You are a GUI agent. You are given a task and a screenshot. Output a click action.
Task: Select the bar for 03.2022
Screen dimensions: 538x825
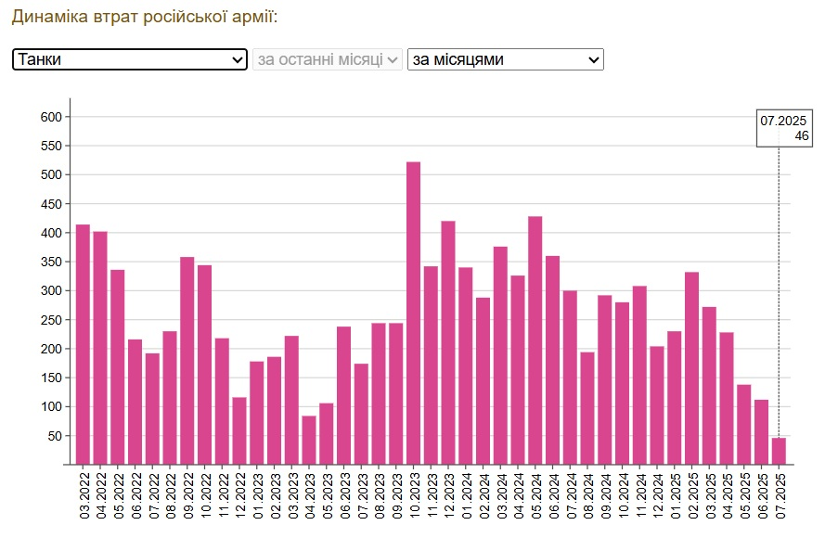(x=83, y=344)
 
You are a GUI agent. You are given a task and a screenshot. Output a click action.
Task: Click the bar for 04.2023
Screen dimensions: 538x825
(x=309, y=440)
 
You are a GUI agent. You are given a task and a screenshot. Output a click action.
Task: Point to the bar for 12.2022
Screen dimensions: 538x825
(x=239, y=430)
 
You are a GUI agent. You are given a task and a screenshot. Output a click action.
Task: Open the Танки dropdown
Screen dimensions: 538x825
(x=130, y=59)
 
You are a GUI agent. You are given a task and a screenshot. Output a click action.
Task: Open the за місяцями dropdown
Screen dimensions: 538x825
(x=506, y=59)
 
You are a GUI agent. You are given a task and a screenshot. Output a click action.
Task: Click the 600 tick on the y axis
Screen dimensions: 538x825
(x=50, y=117)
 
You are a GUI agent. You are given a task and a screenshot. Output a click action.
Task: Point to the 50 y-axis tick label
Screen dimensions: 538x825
(x=54, y=436)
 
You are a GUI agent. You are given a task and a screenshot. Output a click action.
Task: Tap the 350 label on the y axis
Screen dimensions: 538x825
(x=50, y=262)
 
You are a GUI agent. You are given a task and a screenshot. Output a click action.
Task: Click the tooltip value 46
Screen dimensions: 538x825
(x=801, y=136)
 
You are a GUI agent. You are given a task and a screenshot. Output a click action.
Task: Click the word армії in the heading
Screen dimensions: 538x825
(x=254, y=17)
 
